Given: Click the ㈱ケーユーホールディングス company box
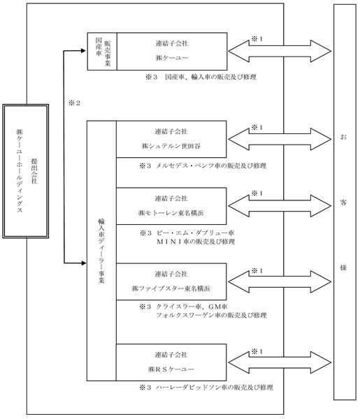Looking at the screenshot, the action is coord(26,171).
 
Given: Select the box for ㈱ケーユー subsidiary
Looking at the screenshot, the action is coord(172,51).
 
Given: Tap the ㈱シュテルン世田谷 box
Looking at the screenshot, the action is coord(171,139).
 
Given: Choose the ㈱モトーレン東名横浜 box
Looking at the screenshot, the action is coord(171,206).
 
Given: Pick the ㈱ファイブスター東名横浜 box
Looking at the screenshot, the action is coord(171,281).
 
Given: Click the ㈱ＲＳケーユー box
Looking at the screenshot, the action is coord(171,362).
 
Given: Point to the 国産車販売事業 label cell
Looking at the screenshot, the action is coord(102,51).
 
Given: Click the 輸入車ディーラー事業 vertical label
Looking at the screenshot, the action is coord(101,251).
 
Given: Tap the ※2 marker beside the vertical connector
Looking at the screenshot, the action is coord(74,103).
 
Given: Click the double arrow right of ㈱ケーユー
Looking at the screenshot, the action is coord(280,51).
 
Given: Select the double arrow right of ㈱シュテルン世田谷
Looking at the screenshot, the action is coord(280,139).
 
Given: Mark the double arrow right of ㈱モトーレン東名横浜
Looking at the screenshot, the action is coord(280,206).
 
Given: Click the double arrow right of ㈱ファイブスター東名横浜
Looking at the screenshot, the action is coord(280,281).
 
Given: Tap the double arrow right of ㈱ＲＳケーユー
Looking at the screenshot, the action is coord(280,362).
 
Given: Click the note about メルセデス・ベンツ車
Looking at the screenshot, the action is coord(203,166).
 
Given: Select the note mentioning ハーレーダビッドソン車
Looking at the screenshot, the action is coord(206,387).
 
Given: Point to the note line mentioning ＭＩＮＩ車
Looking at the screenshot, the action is coord(196,242).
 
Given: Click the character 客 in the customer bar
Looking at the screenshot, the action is coord(343,203).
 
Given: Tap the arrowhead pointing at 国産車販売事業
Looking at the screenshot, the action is coord(83,51).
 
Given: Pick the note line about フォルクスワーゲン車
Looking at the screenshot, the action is coord(211,316).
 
